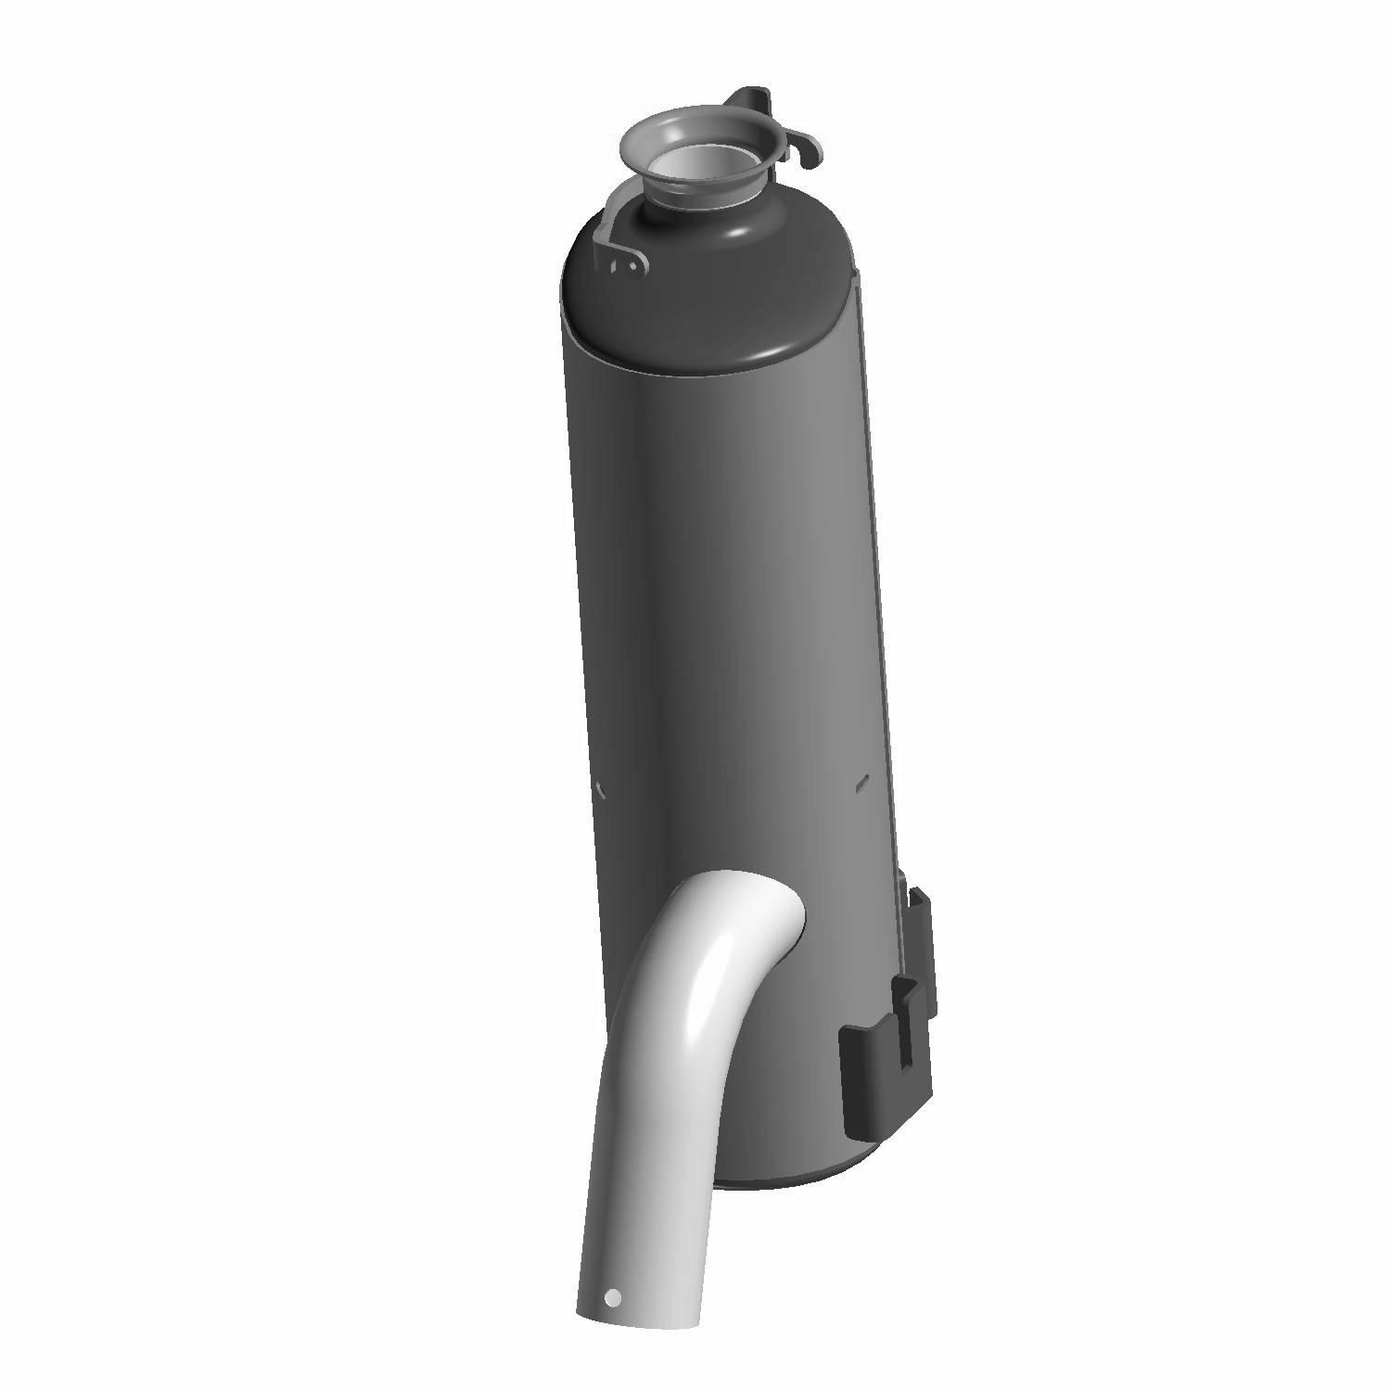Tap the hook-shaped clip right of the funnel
click(x=805, y=148)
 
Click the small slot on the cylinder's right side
click(x=862, y=784)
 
